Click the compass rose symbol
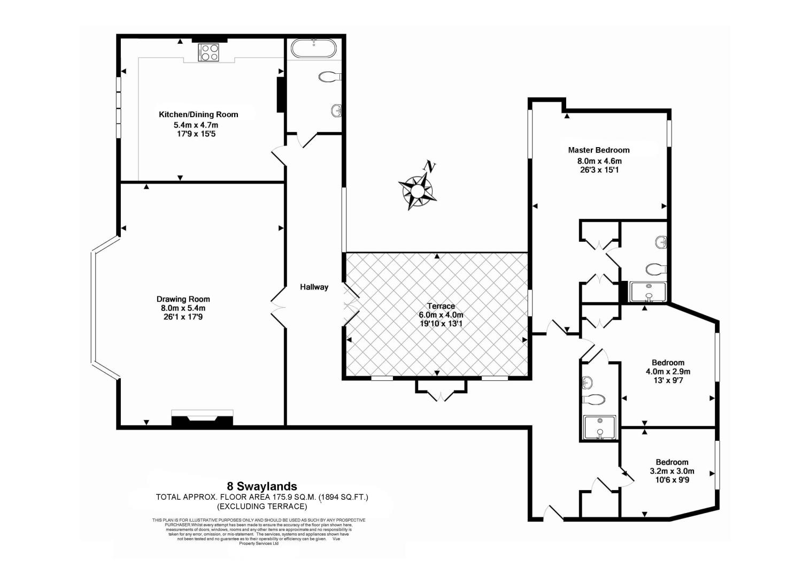coord(417,190)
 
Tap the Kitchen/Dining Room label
coord(198,114)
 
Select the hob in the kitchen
coord(209,52)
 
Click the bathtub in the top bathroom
coord(314,49)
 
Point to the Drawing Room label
coord(183,299)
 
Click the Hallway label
coord(314,287)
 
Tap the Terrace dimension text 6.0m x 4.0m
coord(441,315)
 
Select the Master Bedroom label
coord(599,150)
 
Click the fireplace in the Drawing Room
coord(202,418)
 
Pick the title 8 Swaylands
coord(262,486)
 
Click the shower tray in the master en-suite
coord(648,292)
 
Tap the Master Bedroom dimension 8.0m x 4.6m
coord(599,160)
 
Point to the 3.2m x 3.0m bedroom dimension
coord(672,471)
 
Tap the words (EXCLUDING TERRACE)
coord(262,506)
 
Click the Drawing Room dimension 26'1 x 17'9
coord(183,317)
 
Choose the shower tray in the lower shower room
coord(599,427)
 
